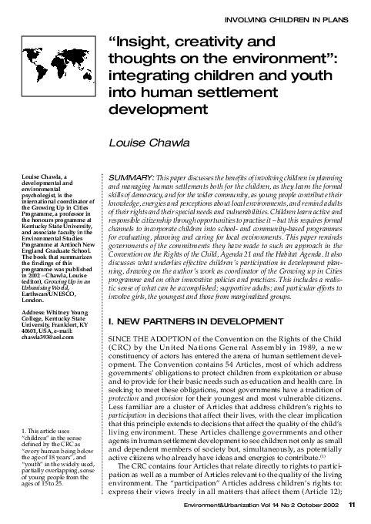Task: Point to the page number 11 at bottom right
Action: (x=351, y=506)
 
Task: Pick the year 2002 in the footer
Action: (x=333, y=506)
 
